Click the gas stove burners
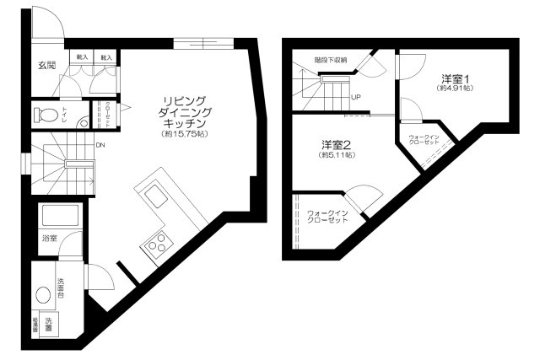(156, 244)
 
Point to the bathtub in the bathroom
(61, 217)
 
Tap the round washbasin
(43, 296)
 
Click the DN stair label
(100, 146)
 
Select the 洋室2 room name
(336, 144)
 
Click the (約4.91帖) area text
(456, 88)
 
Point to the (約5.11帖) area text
(336, 155)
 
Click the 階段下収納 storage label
(331, 60)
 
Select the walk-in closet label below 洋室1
(425, 139)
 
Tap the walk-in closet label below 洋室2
(327, 216)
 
